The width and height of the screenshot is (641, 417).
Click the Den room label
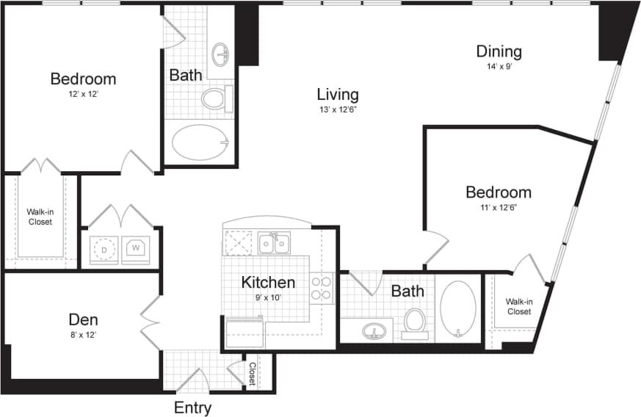point(83,319)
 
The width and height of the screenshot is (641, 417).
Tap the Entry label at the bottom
point(192,408)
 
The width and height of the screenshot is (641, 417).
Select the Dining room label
point(499,51)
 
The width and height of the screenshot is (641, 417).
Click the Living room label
point(338,94)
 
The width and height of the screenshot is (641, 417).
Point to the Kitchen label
point(268,283)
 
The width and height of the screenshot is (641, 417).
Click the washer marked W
point(136,248)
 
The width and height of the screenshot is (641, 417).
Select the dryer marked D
point(104,249)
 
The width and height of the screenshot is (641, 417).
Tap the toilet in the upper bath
point(216,98)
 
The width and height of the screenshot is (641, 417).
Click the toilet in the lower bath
point(415,323)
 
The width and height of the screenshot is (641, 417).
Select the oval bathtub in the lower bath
point(458,309)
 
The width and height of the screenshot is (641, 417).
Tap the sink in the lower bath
point(374,332)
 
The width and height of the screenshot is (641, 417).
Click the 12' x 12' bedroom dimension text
point(83,94)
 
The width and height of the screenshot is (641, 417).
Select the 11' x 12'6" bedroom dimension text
point(499,208)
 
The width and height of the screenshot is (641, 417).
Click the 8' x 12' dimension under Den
point(83,335)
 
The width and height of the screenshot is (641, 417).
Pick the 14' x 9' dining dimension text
point(499,67)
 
